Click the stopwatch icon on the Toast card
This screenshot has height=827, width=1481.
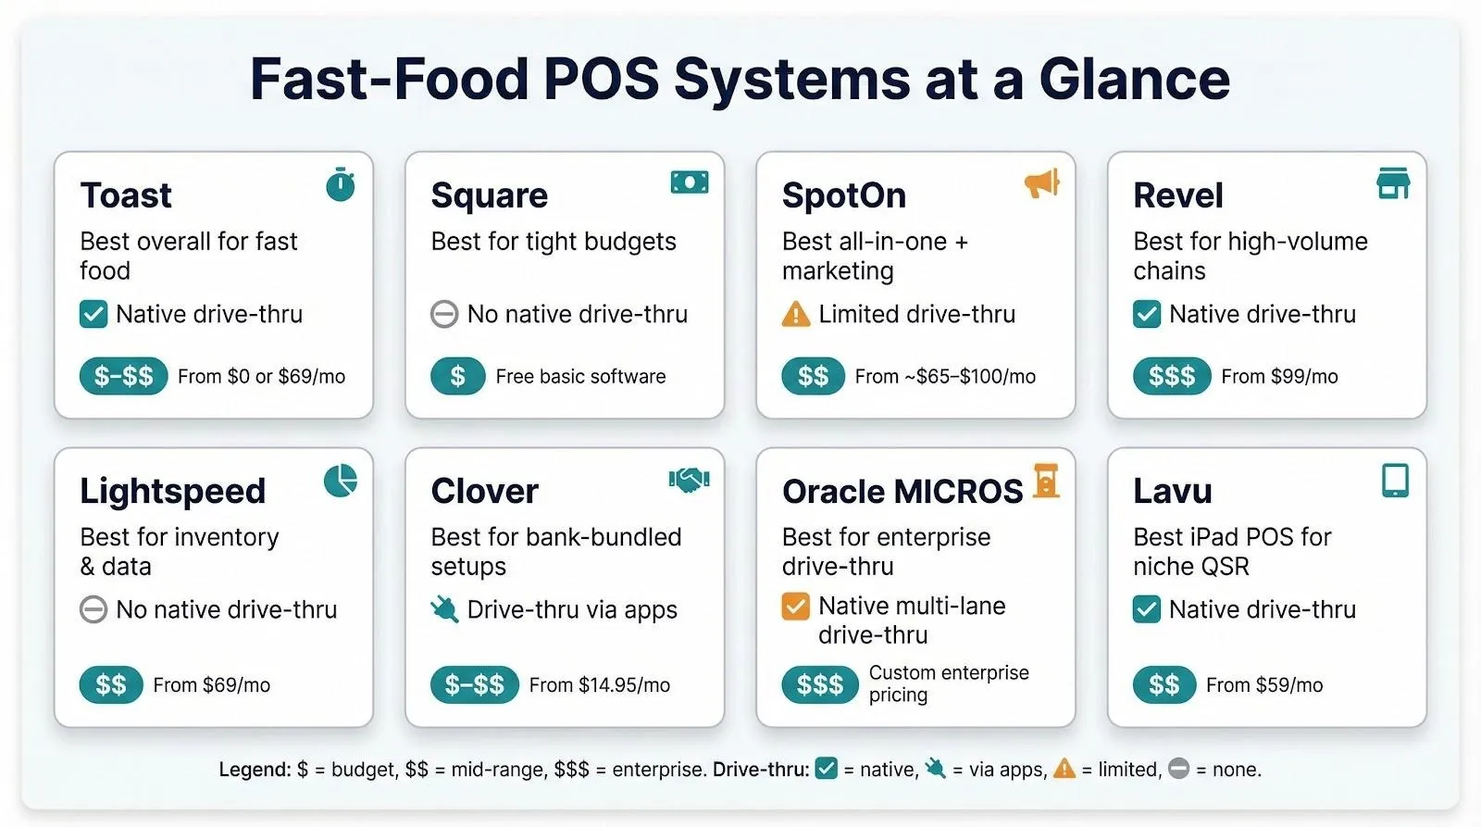pos(341,185)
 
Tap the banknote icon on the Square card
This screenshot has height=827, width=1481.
pos(690,182)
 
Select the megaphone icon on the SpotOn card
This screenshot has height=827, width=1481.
pos(1041,183)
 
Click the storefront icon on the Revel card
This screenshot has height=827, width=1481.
pos(1393,183)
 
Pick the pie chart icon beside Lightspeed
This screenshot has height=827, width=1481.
pos(341,481)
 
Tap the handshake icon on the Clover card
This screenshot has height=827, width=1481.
pos(689,480)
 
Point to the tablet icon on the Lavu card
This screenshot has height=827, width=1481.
pos(1395,481)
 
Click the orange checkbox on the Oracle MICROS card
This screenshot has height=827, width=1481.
pos(795,607)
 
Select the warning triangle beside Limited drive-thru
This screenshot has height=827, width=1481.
pos(795,315)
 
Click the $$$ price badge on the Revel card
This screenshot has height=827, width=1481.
pos(1171,376)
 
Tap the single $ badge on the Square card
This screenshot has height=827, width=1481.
pos(457,376)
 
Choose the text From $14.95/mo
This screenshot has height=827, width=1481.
pos(599,685)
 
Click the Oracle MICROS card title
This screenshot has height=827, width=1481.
pos(902,492)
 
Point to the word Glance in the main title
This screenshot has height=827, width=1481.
pos(1134,79)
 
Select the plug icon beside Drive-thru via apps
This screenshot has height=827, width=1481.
pos(444,609)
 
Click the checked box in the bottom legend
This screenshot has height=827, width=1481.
pos(826,769)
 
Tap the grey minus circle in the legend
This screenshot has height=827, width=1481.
pos(1178,769)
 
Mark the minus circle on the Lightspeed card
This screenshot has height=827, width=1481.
pos(93,609)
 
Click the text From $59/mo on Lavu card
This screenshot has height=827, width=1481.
pos(1263,685)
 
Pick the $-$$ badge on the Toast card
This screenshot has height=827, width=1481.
pos(123,376)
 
